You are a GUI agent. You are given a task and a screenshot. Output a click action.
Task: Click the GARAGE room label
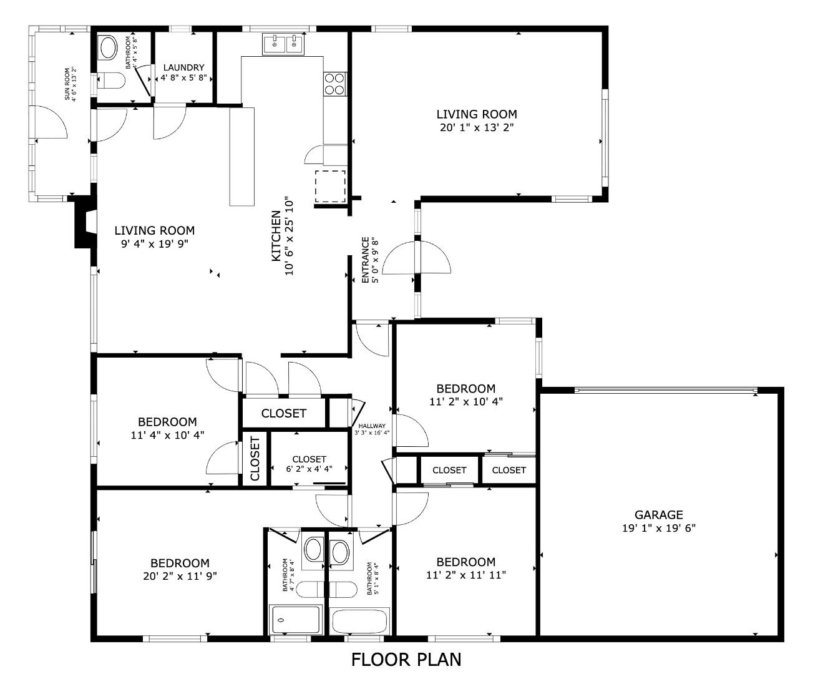tap(658, 515)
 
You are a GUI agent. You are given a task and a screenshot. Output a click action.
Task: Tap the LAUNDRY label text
tap(183, 67)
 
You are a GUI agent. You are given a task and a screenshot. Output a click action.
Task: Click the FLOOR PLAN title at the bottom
tap(406, 659)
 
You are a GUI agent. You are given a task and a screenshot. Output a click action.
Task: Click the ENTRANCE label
tap(366, 260)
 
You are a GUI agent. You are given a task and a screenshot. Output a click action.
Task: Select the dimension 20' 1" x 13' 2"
tap(476, 127)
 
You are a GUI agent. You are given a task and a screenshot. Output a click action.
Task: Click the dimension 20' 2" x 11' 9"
tap(180, 576)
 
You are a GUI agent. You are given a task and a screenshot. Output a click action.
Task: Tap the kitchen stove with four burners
tap(334, 84)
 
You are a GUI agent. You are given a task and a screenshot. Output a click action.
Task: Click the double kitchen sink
tap(283, 44)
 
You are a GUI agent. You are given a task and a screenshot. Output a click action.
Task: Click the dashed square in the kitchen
tap(330, 185)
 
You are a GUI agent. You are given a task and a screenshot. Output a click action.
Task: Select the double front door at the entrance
tap(416, 256)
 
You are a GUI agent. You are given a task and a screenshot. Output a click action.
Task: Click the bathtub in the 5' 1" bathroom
tap(360, 622)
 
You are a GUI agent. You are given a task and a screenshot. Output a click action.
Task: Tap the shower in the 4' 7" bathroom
tap(295, 620)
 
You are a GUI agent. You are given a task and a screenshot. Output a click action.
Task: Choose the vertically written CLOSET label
tap(255, 459)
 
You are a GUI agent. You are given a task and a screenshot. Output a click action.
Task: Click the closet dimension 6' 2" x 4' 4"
tap(309, 469)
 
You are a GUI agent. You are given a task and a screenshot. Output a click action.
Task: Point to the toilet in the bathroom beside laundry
tap(111, 82)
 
